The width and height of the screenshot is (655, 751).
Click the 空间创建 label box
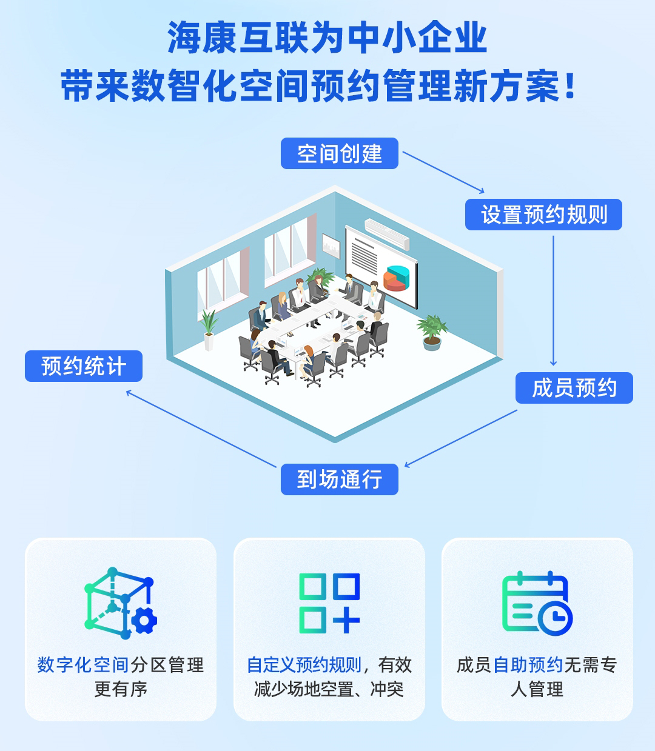(x=339, y=153)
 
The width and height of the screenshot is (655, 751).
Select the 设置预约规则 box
(x=543, y=215)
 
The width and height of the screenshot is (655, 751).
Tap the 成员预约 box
(x=574, y=387)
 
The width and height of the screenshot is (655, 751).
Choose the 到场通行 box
(x=339, y=479)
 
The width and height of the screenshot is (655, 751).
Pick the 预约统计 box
(x=83, y=366)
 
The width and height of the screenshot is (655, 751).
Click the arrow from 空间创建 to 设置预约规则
(x=443, y=172)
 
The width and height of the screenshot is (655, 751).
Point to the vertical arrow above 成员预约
(x=553, y=301)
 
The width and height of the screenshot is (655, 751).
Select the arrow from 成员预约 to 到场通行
(x=461, y=438)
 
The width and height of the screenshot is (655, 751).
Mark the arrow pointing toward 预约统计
(x=201, y=429)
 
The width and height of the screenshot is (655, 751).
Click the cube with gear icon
(x=121, y=603)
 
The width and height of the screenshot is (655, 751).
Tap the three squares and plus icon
(x=329, y=603)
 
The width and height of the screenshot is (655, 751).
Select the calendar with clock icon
(x=537, y=603)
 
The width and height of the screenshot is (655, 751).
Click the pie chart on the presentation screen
(x=396, y=278)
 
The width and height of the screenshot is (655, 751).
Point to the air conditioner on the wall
(x=387, y=234)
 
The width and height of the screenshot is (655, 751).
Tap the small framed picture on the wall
(x=331, y=246)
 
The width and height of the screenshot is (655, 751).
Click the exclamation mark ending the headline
(x=570, y=86)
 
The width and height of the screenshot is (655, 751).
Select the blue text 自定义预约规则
(x=304, y=665)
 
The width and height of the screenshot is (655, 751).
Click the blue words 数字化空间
(x=83, y=665)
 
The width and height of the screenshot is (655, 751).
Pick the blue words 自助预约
(x=528, y=665)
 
